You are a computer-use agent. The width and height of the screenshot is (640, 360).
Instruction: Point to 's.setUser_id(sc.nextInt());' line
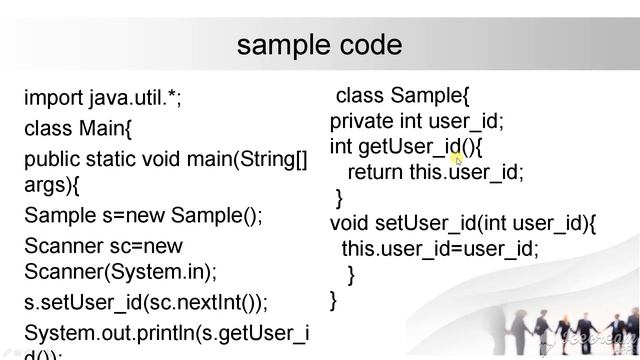tap(146, 301)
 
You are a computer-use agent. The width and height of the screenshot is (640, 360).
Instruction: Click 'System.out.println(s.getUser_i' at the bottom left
tap(166, 331)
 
